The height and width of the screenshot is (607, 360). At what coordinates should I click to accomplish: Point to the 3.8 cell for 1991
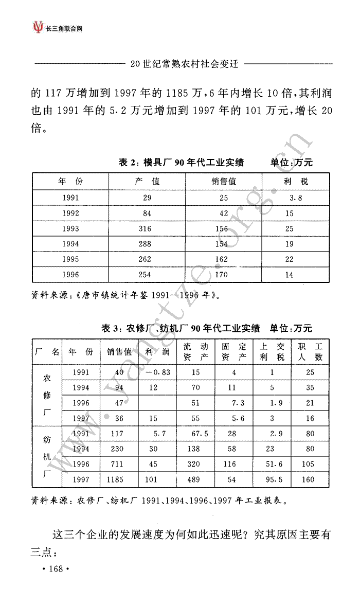click(295, 198)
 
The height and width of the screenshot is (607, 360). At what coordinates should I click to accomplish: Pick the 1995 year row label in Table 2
click(70, 260)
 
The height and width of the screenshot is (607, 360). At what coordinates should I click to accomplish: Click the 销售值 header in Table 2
click(224, 182)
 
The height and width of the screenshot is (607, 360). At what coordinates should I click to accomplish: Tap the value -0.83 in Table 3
click(158, 373)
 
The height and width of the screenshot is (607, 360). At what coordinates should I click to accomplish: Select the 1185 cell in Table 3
click(116, 480)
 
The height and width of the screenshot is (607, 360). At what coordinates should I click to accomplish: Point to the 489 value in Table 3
click(195, 480)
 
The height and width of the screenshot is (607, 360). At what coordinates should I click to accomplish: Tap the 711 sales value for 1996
click(117, 465)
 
